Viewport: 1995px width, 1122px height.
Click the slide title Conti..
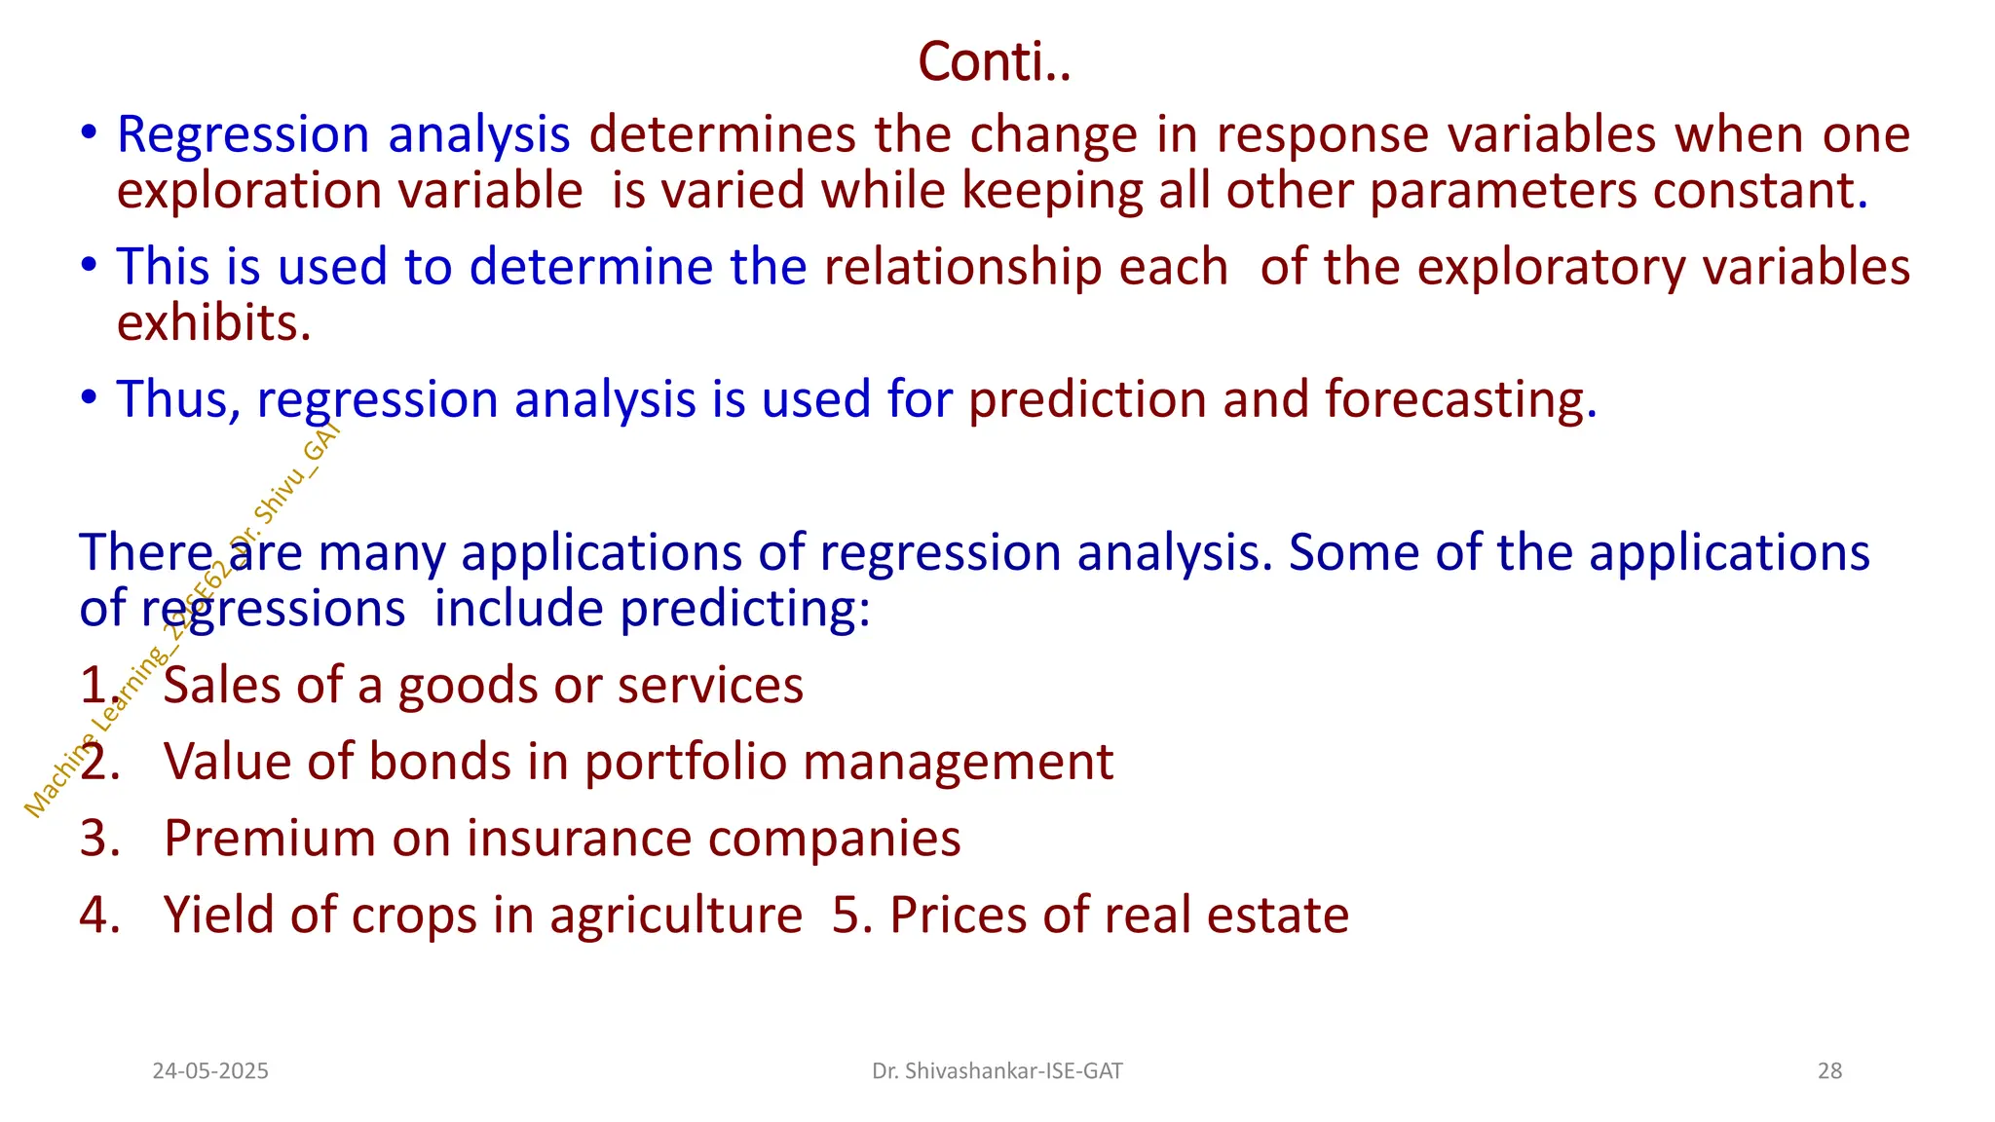pos(994,62)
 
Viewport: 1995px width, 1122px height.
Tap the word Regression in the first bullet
pos(243,134)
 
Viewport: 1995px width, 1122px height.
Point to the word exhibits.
pos(213,323)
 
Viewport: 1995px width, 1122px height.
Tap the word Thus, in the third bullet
pos(178,399)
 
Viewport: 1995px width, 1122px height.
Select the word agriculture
pos(676,916)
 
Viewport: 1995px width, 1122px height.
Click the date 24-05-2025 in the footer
pos(210,1071)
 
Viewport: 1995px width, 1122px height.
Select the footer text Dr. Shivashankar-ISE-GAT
pos(997,1071)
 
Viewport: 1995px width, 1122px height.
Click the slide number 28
pos(1829,1071)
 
